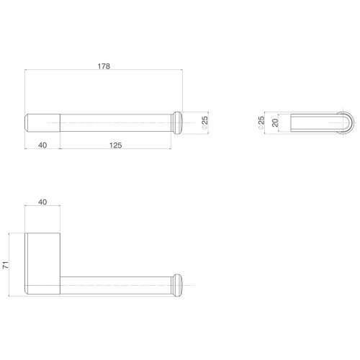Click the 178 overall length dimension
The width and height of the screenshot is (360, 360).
coord(104,66)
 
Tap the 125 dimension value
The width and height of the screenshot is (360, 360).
coord(116,145)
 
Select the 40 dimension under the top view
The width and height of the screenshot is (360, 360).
coord(42,145)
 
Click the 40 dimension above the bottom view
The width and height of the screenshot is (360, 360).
coord(42,202)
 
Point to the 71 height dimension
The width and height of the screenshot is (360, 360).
coord(5,265)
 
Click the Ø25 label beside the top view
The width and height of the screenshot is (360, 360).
coord(204,123)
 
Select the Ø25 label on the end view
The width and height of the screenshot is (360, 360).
coord(261,123)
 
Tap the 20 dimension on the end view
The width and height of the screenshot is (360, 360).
coord(275,123)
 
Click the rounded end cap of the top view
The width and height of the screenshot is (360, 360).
coord(177,123)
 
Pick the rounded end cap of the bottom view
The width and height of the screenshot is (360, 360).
coord(177,285)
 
